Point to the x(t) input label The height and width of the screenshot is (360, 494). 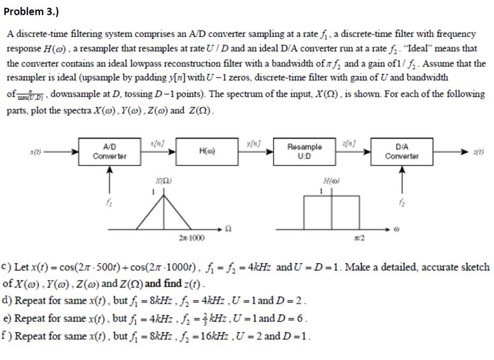point(31,150)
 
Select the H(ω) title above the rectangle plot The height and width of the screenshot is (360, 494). point(329,182)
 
